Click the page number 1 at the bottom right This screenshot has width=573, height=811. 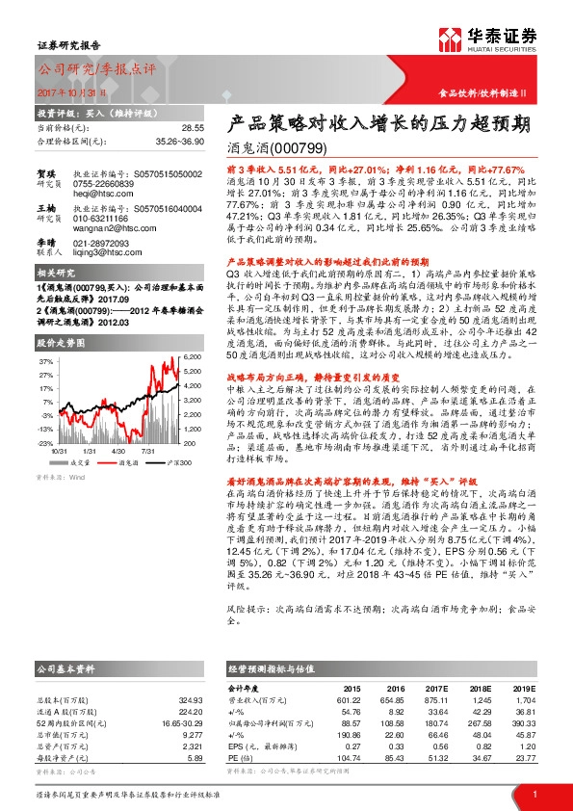[x=534, y=795]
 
